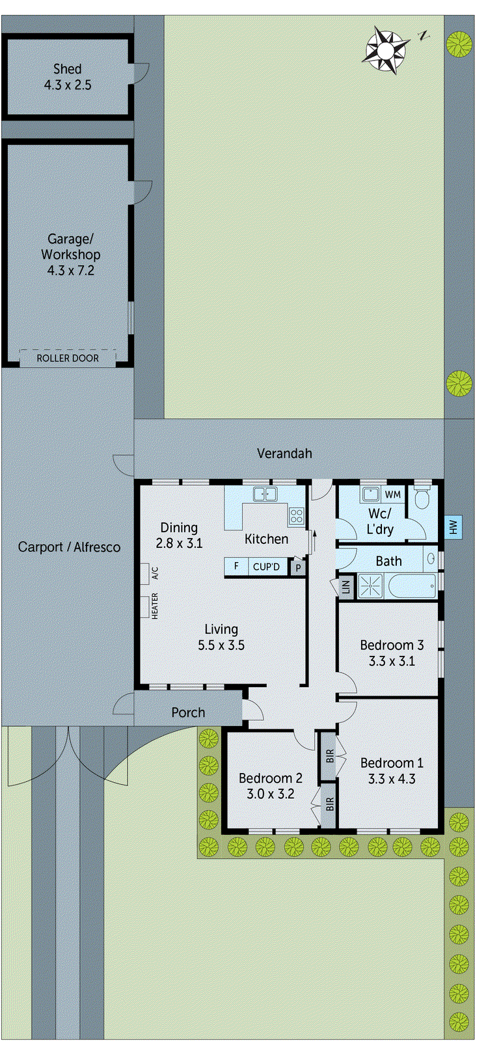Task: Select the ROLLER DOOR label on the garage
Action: point(68,358)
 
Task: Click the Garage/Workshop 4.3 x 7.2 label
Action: point(70,254)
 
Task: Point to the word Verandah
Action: point(284,453)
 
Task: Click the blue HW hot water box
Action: point(454,527)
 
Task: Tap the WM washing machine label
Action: point(392,495)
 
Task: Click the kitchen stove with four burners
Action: point(297,516)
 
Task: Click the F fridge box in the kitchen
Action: point(236,567)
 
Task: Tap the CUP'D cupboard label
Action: point(266,567)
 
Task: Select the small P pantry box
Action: point(298,567)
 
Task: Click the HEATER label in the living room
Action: point(155,606)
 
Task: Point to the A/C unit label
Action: point(155,573)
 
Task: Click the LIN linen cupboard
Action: point(346,586)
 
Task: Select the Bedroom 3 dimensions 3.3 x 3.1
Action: point(392,662)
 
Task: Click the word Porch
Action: point(188,713)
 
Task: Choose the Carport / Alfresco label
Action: point(69,547)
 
